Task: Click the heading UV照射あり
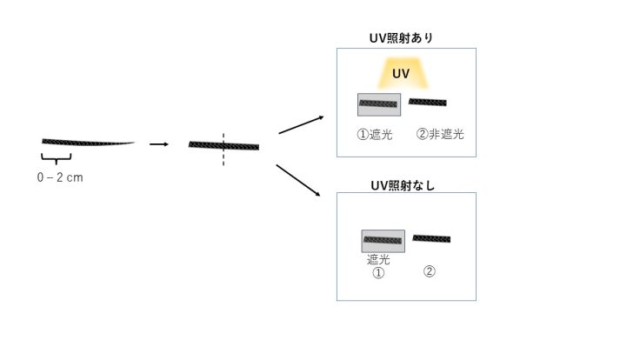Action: [402, 38]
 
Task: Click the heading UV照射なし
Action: [402, 184]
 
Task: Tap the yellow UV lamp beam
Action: [401, 75]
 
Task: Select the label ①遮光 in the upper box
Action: [376, 134]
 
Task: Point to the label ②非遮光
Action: [440, 134]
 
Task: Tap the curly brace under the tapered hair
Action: [57, 158]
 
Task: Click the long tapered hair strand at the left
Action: [87, 142]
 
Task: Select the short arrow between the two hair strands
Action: [158, 143]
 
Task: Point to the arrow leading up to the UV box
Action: [301, 125]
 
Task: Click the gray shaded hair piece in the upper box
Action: [378, 104]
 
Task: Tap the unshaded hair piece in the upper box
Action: [428, 103]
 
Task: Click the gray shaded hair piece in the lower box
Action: [383, 241]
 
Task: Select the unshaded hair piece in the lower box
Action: [431, 238]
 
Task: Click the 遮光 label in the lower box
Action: [378, 259]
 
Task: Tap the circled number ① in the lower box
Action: [378, 272]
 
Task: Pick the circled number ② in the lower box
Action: [429, 270]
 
